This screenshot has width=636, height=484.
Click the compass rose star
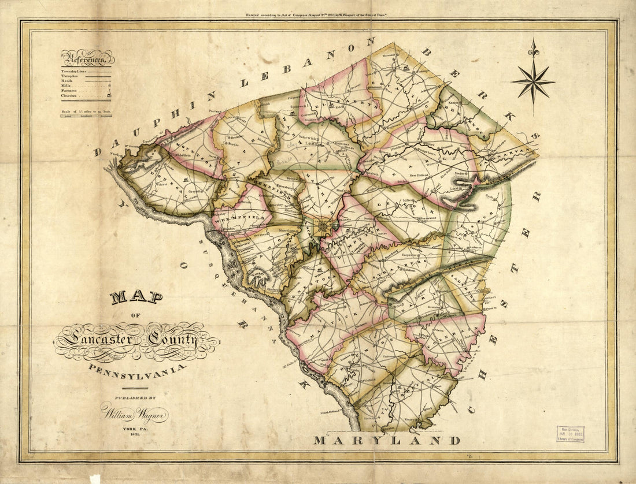(x=533, y=81)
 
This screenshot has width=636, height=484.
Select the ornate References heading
(x=87, y=58)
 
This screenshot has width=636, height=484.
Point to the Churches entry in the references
(x=70, y=95)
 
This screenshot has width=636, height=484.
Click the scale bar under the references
(x=86, y=115)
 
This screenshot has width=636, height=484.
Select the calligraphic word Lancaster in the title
(x=95, y=340)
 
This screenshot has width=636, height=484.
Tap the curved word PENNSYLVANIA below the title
(x=137, y=367)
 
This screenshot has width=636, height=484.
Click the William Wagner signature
(x=135, y=414)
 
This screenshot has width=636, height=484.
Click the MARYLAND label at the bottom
(x=387, y=441)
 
